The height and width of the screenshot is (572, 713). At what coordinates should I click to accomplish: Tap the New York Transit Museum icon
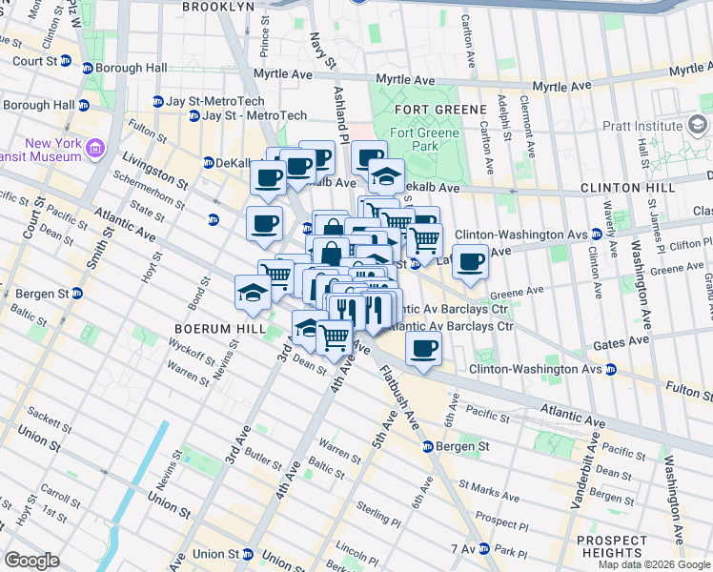pos(95,148)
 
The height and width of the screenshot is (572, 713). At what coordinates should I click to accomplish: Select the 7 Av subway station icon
pos(485,549)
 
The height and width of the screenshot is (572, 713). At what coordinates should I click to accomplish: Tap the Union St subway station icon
pos(248,554)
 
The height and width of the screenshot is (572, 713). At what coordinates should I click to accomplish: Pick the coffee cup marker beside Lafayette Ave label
pos(469,262)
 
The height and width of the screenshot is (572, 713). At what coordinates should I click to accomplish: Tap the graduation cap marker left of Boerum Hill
pos(252,291)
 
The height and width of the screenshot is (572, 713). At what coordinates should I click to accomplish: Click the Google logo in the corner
pos(31,561)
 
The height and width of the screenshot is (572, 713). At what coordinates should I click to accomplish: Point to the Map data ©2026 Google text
pos(653,564)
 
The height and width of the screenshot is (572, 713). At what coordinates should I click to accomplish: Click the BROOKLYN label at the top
pos(218,6)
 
